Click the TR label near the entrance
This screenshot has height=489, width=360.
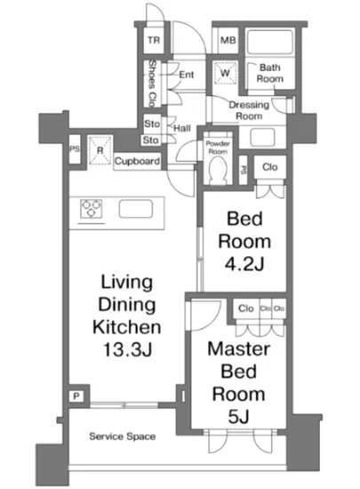click(x=155, y=41)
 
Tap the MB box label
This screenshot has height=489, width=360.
click(x=227, y=41)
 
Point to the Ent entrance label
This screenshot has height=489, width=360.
click(x=187, y=75)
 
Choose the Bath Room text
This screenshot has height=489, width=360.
click(x=271, y=73)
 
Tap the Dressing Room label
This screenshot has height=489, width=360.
click(x=249, y=109)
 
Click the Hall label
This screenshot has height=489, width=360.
click(x=181, y=129)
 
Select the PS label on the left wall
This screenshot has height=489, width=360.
click(x=76, y=149)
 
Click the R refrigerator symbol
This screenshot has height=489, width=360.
click(x=101, y=148)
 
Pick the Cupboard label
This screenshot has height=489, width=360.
click(x=137, y=162)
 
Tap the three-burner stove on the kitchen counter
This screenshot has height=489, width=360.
click(x=92, y=211)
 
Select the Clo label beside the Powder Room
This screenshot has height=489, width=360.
click(x=269, y=165)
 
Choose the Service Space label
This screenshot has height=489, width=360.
click(x=123, y=437)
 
